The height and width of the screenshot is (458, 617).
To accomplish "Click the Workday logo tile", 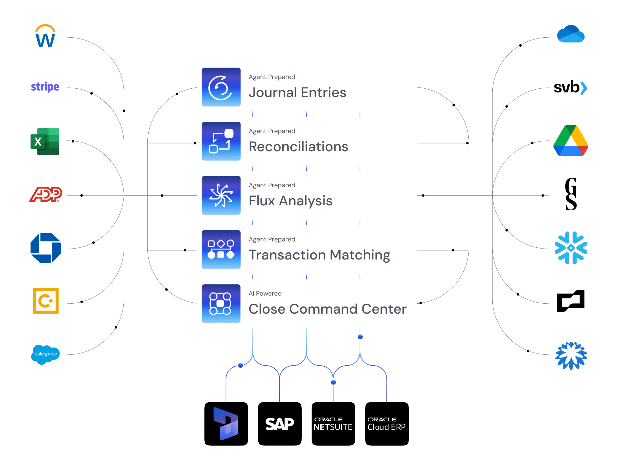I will pos(45,34).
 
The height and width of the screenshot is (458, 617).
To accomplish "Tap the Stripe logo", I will pos(45,87).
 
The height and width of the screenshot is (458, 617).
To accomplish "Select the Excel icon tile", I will pos(45,141).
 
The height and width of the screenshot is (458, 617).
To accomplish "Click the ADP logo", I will pos(45,194).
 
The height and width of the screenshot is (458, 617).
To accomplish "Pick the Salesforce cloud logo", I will pos(45,354).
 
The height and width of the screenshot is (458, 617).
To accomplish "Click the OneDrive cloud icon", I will pos(571,34).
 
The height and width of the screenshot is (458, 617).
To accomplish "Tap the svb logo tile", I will pos(571,87).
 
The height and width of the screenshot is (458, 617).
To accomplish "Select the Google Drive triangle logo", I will pos(571,141).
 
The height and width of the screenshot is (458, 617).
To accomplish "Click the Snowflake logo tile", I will pos(571,248).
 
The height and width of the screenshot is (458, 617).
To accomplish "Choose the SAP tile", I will pos(280,424).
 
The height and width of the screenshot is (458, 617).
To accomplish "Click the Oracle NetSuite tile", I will pos(333,424).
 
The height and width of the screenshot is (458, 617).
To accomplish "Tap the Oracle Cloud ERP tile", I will pos(387,424).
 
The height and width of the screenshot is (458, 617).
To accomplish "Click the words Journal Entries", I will pos(297,92).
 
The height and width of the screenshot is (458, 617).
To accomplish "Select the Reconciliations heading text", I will pos(298,147).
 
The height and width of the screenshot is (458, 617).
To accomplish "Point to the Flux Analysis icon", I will pos(221,195).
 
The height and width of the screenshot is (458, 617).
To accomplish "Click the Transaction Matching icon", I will pos(221,250).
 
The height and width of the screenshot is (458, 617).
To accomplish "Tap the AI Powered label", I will pos(265,293).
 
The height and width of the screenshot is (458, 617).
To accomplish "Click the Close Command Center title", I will pos(328,309).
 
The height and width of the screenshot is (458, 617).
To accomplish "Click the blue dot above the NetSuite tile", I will pos(333,382).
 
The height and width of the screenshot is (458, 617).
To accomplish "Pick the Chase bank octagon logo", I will pos(45,248).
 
